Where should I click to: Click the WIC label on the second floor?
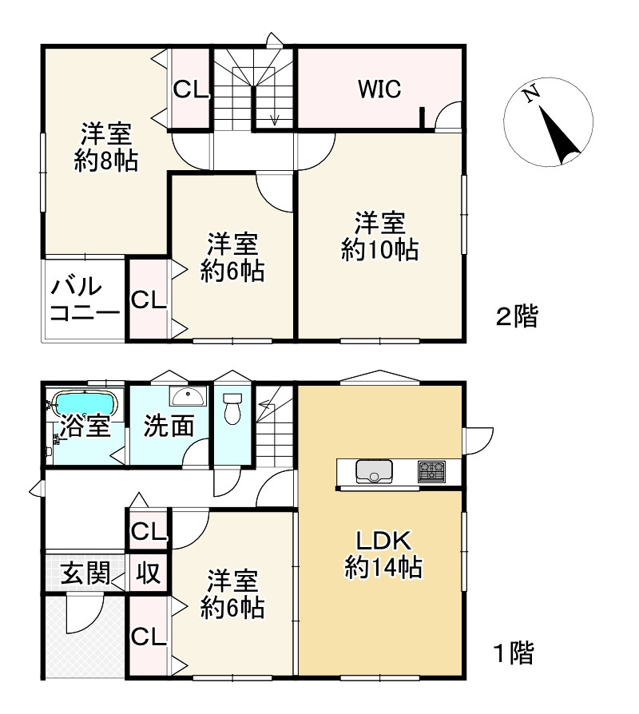[379, 89]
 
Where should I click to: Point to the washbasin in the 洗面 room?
[189, 396]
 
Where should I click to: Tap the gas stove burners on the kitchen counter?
[433, 471]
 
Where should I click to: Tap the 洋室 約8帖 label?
[105, 147]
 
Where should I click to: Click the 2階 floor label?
[517, 317]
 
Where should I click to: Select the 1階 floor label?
[511, 654]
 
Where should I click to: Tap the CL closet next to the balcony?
[149, 299]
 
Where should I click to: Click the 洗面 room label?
[169, 426]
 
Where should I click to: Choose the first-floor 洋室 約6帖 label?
[232, 593]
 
